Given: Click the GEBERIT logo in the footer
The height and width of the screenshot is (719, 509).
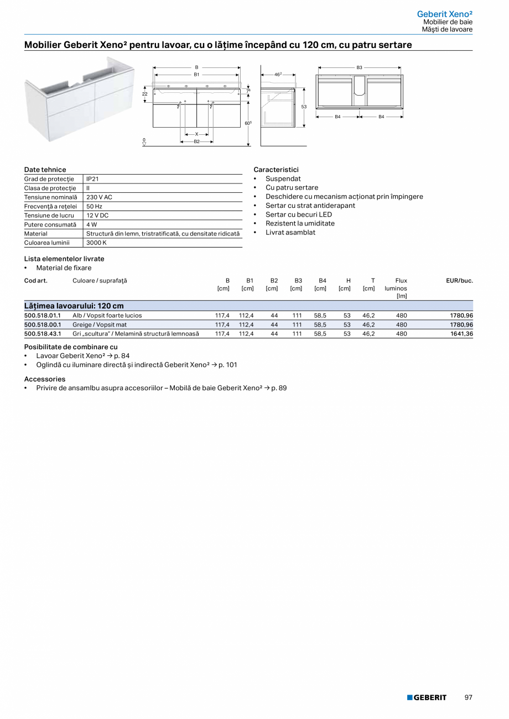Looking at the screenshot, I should (x=427, y=697).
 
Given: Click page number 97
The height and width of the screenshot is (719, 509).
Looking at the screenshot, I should (x=468, y=697).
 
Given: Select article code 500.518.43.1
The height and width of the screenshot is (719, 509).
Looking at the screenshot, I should (x=43, y=334).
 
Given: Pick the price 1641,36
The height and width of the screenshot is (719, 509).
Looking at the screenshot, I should (x=461, y=334).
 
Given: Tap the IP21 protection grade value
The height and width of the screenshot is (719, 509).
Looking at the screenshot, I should (x=92, y=179).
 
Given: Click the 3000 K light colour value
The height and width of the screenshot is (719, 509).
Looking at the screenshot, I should (x=96, y=243).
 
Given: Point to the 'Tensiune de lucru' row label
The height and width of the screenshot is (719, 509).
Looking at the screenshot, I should (x=49, y=216).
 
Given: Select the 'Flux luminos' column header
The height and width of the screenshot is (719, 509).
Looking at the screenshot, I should (x=396, y=288).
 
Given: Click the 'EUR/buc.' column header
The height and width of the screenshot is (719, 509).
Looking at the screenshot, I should (x=459, y=281).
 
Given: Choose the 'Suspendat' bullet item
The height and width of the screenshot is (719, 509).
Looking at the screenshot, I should (x=283, y=179).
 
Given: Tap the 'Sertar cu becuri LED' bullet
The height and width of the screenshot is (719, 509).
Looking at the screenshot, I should (x=298, y=214).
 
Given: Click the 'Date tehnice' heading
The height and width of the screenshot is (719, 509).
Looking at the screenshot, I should (x=45, y=170).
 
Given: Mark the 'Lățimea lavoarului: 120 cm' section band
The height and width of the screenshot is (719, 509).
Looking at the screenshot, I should (x=248, y=306).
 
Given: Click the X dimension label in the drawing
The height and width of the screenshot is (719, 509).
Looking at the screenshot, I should (x=196, y=134).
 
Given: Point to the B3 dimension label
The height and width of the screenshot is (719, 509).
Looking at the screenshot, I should (x=359, y=67).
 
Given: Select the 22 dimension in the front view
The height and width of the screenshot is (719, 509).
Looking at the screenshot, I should (x=145, y=94).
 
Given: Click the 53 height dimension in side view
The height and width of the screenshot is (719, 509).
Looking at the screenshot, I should (x=304, y=107).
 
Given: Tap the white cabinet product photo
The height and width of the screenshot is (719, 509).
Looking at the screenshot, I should (x=79, y=97).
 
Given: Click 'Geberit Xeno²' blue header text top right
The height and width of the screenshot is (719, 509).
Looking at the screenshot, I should (x=444, y=14).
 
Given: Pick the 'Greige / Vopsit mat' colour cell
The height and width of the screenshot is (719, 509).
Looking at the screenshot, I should (x=100, y=325).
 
